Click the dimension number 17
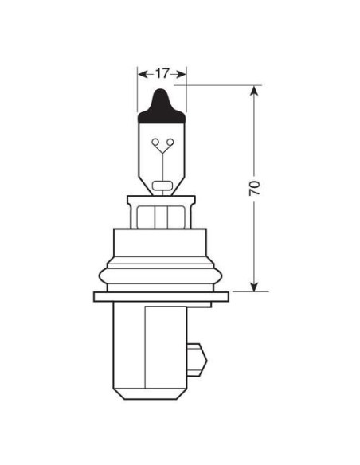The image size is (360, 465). point(162,74)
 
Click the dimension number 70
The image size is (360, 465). point(254,189)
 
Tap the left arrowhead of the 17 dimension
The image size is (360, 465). point(143,74)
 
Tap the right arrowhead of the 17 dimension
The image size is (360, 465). point(182,74)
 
